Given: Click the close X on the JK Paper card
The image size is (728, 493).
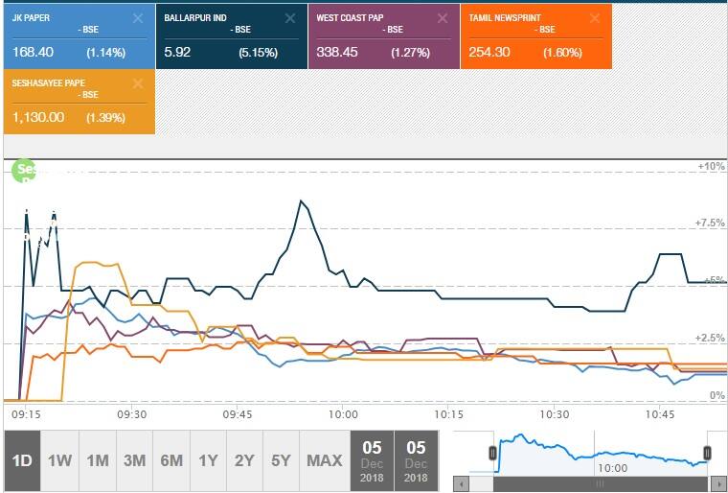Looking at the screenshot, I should click(x=138, y=18).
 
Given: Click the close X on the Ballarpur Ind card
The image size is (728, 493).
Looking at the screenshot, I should click(x=290, y=18).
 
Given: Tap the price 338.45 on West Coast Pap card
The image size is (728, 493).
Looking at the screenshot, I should click(x=337, y=52).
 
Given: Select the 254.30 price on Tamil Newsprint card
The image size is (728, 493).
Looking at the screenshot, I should click(x=489, y=52).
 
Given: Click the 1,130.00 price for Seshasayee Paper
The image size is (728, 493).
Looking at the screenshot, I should click(x=39, y=116).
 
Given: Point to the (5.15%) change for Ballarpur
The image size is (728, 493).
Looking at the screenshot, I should click(x=259, y=52).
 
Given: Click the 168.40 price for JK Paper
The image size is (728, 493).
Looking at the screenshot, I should click(x=32, y=52).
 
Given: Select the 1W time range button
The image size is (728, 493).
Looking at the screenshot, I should click(x=59, y=460).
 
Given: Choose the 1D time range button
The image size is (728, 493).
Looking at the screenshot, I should click(x=22, y=460).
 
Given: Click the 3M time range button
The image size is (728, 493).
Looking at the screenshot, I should click(x=134, y=460).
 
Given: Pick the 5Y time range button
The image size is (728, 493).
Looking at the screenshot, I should click(x=281, y=460).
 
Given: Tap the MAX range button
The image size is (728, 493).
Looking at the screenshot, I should click(x=324, y=460).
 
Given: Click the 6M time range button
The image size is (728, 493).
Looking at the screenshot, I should click(x=171, y=460).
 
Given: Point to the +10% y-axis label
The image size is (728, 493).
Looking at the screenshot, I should click(x=710, y=166).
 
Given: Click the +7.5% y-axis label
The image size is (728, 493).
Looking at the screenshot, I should click(x=710, y=223).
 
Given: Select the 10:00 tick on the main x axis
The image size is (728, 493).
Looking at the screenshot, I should click(x=342, y=414).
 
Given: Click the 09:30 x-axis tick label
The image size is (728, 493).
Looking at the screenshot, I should click(x=131, y=414).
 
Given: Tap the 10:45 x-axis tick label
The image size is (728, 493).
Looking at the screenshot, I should click(x=659, y=414).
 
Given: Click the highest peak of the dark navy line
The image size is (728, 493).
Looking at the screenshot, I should click(x=302, y=200).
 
